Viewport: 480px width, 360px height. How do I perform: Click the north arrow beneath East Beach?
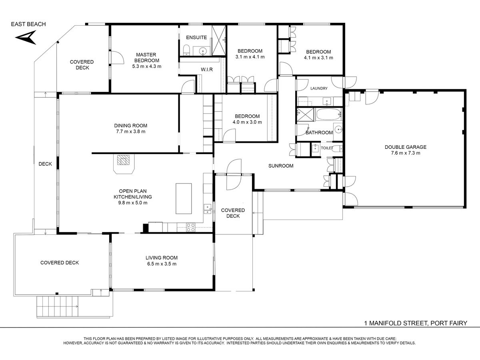click(26, 38)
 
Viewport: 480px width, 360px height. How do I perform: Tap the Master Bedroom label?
click(146, 58)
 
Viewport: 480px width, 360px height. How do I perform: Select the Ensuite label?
click(196, 37)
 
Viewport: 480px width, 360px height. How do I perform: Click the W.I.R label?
click(207, 70)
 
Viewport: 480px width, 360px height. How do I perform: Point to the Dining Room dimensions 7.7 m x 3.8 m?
click(131, 131)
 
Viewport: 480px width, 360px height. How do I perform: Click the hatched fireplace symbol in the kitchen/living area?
click(123, 160)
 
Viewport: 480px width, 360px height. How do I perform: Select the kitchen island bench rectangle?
click(184, 198)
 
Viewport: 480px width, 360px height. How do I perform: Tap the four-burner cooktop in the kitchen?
click(190, 227)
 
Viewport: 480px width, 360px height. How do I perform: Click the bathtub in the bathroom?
click(328, 114)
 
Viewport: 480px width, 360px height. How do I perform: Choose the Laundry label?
click(319, 88)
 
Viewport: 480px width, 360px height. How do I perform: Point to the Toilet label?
click(327, 148)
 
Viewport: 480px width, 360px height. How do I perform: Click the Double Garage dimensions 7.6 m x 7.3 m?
click(406, 153)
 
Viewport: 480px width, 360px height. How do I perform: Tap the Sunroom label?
click(281, 166)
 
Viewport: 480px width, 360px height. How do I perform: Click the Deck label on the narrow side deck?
click(45, 164)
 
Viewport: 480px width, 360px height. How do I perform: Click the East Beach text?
click(28, 24)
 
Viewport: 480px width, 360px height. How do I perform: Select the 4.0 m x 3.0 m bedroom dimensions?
click(247, 122)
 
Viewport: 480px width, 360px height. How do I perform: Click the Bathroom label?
click(319, 132)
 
